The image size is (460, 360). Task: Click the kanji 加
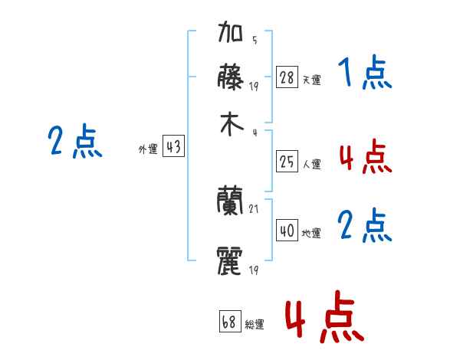pos(230,31)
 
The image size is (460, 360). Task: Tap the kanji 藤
pos(230,77)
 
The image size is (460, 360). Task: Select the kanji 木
pos(232,124)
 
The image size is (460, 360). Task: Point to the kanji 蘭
pos(230,200)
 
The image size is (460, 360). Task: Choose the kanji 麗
pos(230,260)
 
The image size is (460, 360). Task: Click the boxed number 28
pos(287,77)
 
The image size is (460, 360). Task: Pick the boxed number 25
pos(287,162)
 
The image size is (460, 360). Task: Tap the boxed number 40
pos(287,230)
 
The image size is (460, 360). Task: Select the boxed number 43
pos(173,146)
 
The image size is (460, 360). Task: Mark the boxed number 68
pos(230,321)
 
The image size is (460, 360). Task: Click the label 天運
pos(312,80)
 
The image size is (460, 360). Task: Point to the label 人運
pos(312,164)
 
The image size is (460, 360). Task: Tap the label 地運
pos(311,234)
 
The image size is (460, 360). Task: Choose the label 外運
pos(148,149)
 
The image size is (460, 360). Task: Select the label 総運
pos(255,325)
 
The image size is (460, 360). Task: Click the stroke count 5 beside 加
pos(255,40)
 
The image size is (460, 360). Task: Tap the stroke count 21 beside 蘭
pos(254,209)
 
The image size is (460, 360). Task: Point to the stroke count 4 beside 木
pos(255,133)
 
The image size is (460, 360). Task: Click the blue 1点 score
pos(365,72)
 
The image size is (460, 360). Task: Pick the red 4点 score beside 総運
pos(324,316)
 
